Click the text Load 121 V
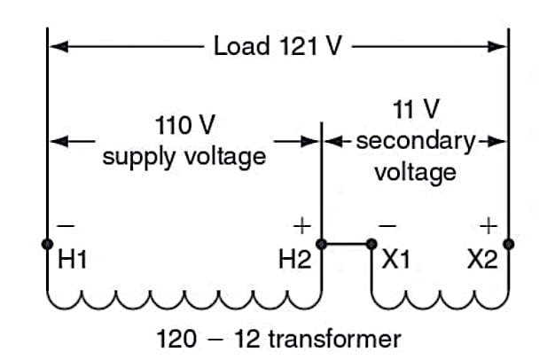(277, 45)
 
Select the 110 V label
(184, 123)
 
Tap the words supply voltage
(184, 157)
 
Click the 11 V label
(415, 110)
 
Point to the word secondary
(415, 140)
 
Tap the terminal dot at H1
(46, 243)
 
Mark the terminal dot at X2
(508, 243)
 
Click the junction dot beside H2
(322, 243)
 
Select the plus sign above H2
(301, 224)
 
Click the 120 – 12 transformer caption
(278, 339)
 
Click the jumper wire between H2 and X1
(348, 243)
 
